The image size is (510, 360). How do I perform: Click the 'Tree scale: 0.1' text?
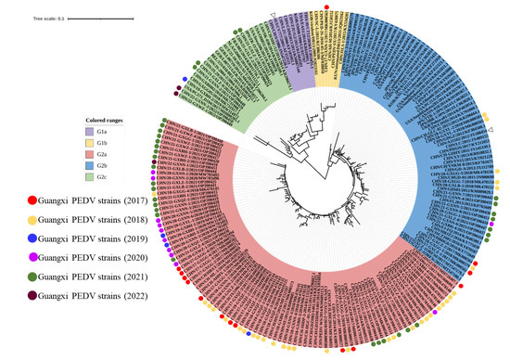(47, 17)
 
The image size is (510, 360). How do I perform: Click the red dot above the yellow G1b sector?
(325, 7)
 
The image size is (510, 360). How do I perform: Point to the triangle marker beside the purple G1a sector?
(272, 14)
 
